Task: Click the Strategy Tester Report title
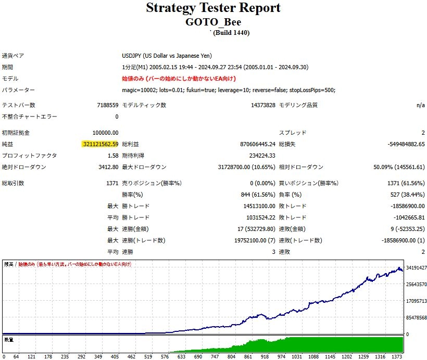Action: pos(213,8)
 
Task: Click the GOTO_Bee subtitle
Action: pos(213,22)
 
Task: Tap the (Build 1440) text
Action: pos(231,32)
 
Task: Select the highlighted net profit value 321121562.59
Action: pos(101,144)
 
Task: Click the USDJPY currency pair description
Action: pos(167,56)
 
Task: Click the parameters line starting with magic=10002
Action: pos(229,90)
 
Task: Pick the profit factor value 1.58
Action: pos(112,156)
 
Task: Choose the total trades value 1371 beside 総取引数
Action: pos(111,183)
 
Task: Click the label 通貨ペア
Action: pos(13,56)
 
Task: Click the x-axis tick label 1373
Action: pos(396,357)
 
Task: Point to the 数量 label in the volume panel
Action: pos(9,339)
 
